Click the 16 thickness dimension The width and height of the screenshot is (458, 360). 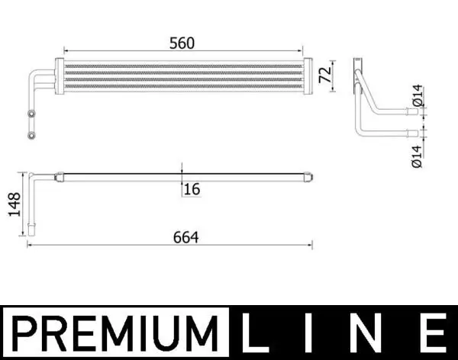192,188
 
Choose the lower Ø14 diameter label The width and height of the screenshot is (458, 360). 418,151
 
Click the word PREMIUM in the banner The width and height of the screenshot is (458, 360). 114,333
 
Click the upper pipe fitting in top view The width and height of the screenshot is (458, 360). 31,115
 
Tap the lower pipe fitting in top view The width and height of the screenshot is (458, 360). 31,136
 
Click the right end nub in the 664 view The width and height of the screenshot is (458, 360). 309,178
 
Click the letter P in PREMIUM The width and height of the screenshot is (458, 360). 27,333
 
